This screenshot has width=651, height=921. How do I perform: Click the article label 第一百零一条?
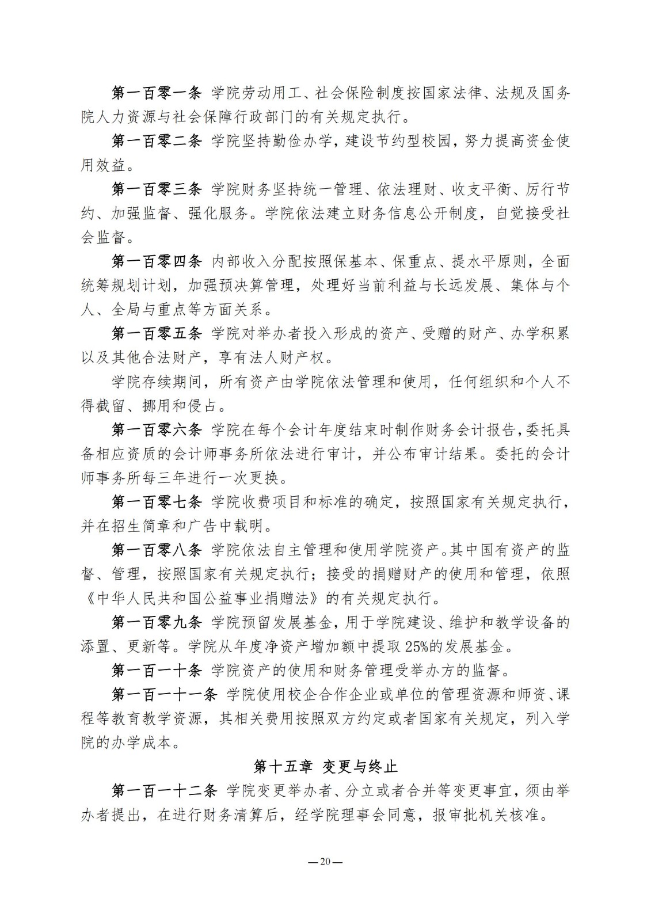[157, 93]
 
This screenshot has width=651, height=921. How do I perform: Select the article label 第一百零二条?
[157, 141]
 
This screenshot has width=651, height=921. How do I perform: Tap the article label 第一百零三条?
[157, 189]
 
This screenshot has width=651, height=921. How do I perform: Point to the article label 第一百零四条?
[157, 261]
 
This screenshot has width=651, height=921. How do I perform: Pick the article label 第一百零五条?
[157, 333]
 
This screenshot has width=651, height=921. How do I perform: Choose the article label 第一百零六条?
[157, 429]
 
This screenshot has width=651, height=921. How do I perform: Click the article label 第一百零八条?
[157, 550]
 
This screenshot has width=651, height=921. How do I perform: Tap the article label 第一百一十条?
[157, 670]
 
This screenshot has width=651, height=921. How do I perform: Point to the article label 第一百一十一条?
[164, 694]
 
